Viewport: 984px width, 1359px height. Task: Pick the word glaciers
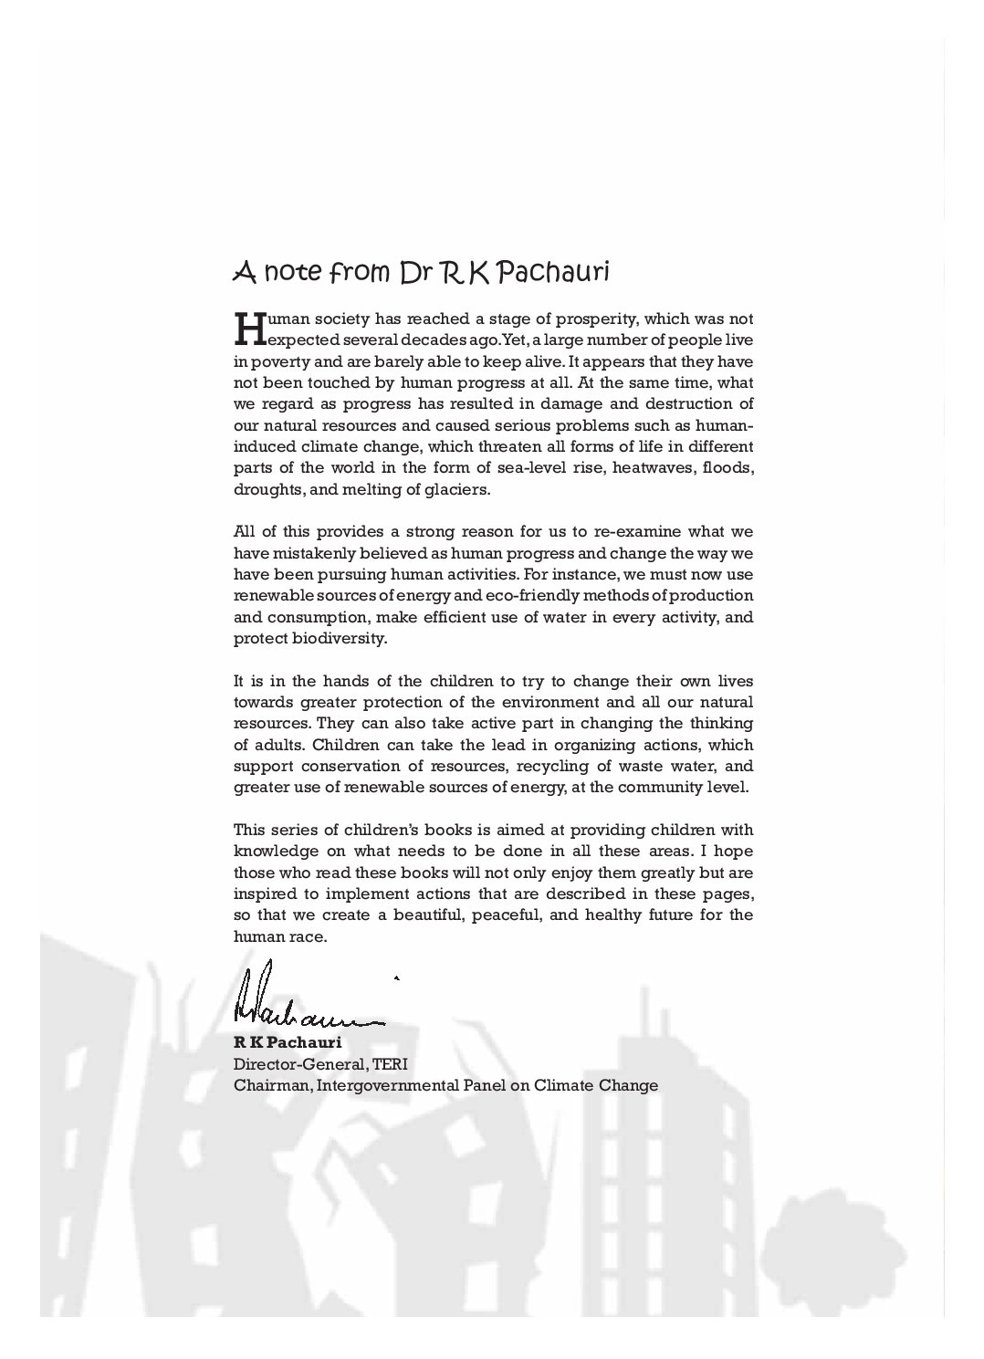click(458, 489)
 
